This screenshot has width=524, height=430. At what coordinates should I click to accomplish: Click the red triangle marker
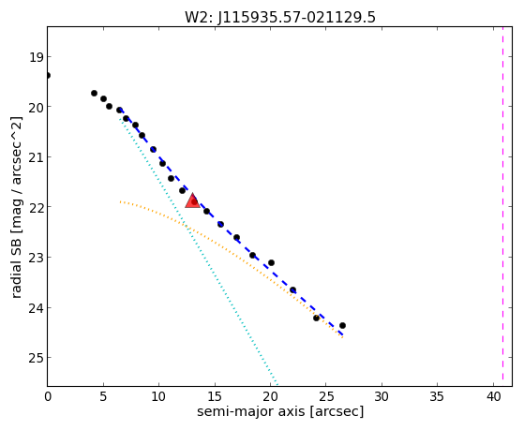point(193,200)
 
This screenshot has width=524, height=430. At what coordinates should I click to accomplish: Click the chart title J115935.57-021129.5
point(297,17)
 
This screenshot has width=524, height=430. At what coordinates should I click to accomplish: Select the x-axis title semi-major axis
point(250,411)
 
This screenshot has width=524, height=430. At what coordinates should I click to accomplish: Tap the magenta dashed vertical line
point(502,206)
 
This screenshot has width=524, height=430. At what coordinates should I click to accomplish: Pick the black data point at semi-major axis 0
point(48,76)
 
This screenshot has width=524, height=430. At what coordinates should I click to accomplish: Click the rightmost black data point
point(342,325)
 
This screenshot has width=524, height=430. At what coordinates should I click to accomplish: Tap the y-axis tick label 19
point(36,57)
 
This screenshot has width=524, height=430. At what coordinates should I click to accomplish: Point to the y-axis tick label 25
point(36,358)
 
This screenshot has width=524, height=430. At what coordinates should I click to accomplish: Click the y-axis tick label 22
point(36,207)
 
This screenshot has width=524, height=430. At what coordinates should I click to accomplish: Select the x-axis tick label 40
point(493,396)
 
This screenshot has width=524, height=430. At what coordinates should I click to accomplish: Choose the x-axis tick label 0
point(48,396)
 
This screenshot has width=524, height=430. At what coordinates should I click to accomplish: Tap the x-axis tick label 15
point(215,396)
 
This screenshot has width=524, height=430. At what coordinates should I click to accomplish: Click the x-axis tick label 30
point(382,396)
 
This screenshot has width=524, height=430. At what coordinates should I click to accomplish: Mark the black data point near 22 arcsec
point(292,290)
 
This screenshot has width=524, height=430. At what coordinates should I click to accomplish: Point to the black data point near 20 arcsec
point(271,263)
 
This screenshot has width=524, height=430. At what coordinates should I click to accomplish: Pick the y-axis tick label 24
point(36,308)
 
